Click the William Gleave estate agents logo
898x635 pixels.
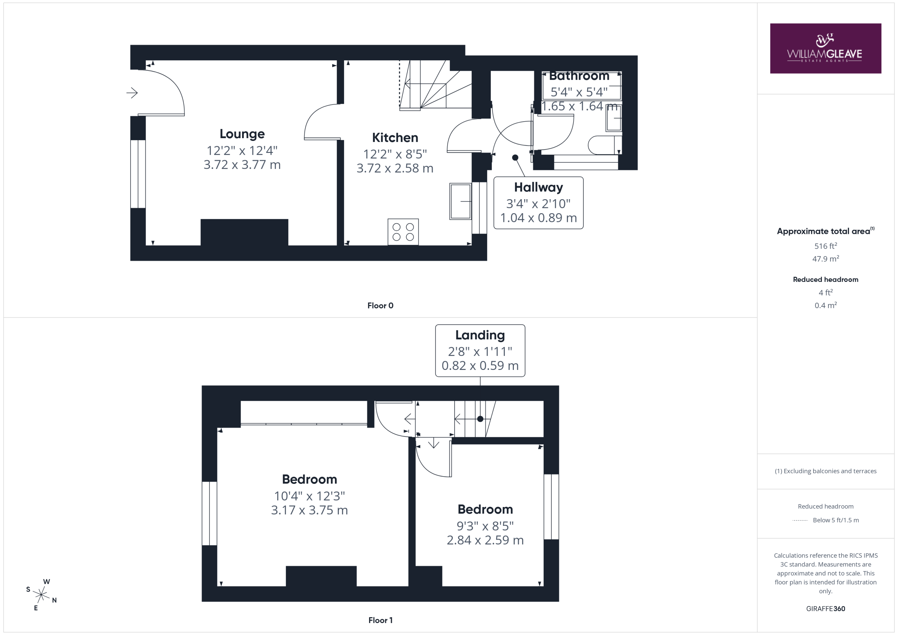[x=825, y=48]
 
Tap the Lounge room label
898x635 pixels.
[x=242, y=134]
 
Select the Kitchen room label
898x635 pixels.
[x=395, y=138]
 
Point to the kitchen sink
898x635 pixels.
[x=461, y=201]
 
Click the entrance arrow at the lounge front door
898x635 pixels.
[x=132, y=93]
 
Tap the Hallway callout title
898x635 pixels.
[x=538, y=188]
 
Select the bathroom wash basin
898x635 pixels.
[x=614, y=118]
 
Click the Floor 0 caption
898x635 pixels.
[x=380, y=306]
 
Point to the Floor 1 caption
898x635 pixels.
[x=380, y=620]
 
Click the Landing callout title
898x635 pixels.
[x=480, y=335]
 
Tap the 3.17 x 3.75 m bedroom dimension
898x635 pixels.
[x=309, y=510]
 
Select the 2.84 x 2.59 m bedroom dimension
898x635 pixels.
[x=485, y=540]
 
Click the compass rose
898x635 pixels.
[x=41, y=595]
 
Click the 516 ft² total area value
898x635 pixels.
[x=826, y=246]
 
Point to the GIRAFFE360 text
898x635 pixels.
[x=826, y=609]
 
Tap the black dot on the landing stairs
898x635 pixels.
[x=480, y=419]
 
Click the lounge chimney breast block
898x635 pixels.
[x=244, y=232]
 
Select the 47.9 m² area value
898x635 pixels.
[x=826, y=259]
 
